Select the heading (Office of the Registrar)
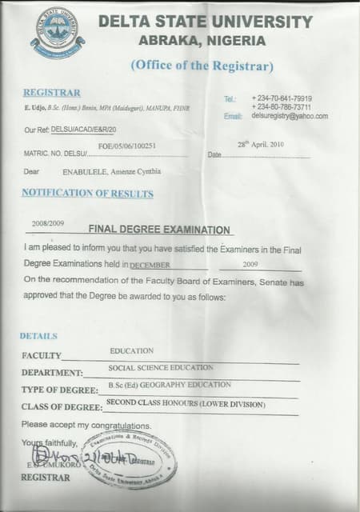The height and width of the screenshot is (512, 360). pyautogui.click(x=201, y=65)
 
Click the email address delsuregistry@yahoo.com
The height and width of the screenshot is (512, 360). pyautogui.click(x=290, y=116)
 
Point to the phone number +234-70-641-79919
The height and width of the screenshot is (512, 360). pyautogui.click(x=282, y=98)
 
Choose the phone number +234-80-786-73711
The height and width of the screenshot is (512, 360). pyautogui.click(x=282, y=106)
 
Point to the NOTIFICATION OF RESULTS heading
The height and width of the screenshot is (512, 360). pyautogui.click(x=87, y=193)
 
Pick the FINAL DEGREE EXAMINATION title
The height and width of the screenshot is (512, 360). pyautogui.click(x=164, y=230)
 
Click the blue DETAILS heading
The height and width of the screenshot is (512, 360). pyautogui.click(x=38, y=336)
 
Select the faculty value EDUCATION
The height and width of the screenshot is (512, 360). pyautogui.click(x=132, y=351)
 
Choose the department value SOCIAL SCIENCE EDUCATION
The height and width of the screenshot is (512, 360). pyautogui.click(x=161, y=368)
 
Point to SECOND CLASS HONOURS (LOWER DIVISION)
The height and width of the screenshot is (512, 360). pyautogui.click(x=185, y=404)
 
